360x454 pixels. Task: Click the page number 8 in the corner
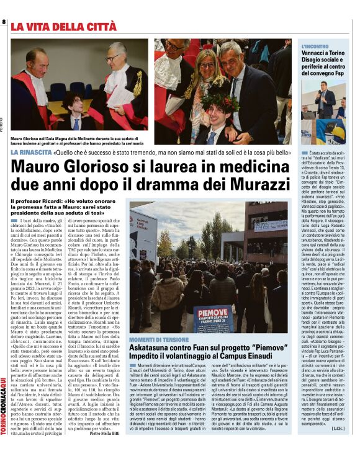pos(5,22)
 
